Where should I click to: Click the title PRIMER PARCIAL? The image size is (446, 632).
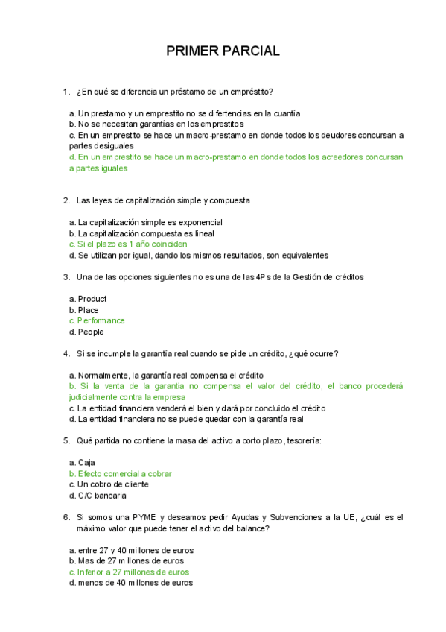pos(223,51)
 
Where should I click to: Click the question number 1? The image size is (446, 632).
pos(66,92)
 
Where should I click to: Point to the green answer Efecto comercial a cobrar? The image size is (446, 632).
pos(124,473)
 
